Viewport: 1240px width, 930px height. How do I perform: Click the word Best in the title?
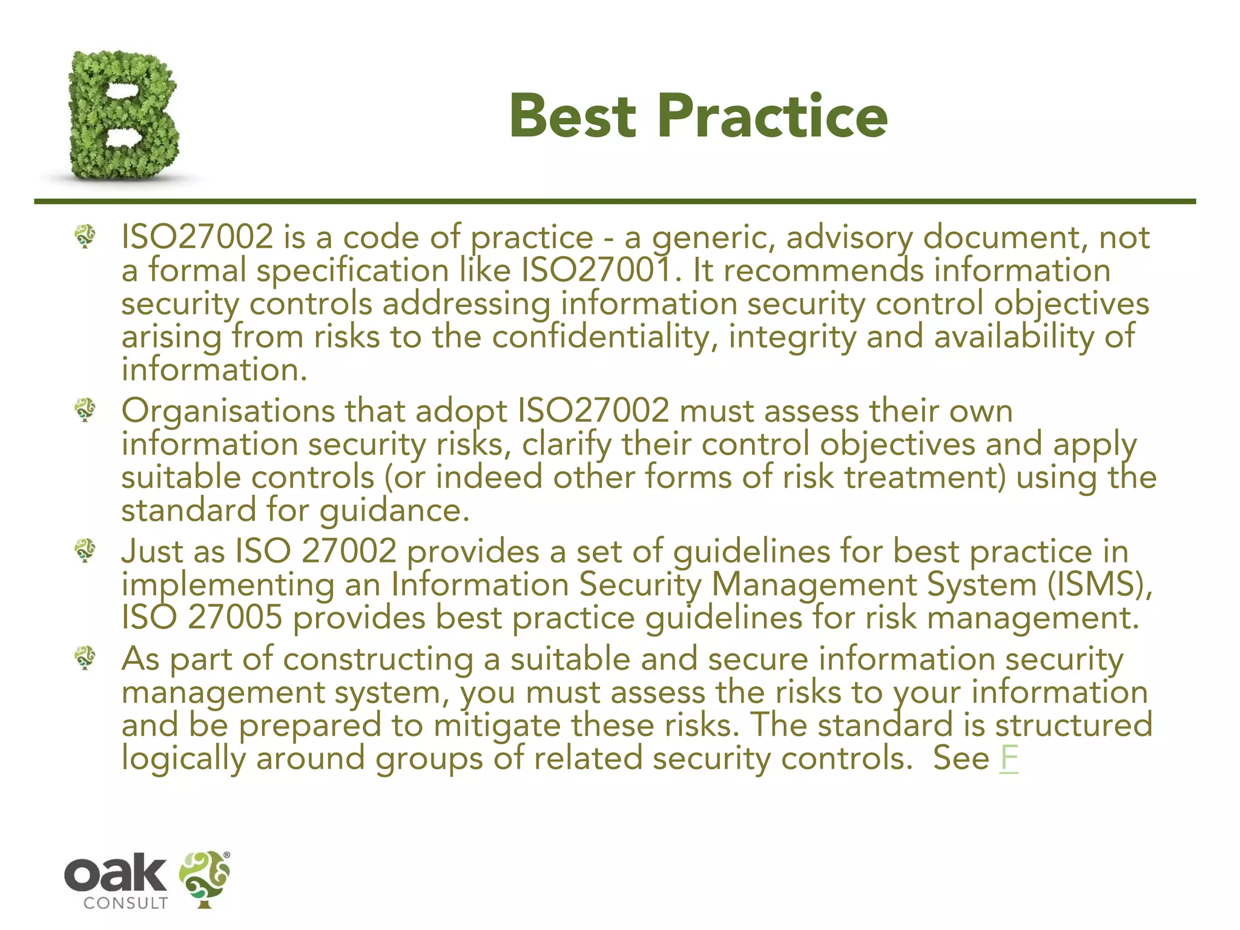(573, 116)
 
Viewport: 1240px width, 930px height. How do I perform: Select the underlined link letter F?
(1009, 758)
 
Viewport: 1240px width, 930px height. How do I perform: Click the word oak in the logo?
(115, 874)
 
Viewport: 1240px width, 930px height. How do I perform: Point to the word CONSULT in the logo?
(126, 903)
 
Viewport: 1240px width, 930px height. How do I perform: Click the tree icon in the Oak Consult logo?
(205, 878)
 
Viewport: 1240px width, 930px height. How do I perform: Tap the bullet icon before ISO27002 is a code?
(85, 236)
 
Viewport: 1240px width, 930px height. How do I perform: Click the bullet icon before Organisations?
(85, 411)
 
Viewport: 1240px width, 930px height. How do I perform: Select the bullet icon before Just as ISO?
(85, 551)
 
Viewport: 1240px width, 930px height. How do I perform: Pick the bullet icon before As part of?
(85, 658)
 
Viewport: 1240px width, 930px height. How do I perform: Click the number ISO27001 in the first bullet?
(596, 270)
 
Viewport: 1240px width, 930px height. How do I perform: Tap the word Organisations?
(228, 411)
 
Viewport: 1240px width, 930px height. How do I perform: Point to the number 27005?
(235, 618)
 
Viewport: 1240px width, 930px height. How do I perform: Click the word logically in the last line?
(183, 759)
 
